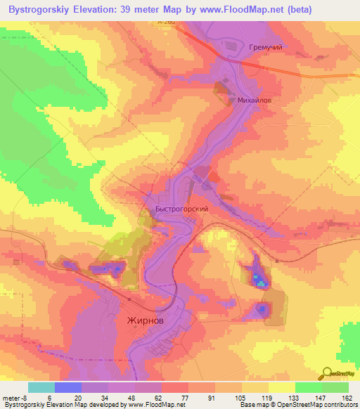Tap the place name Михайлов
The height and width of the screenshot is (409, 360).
pyautogui.click(x=254, y=100)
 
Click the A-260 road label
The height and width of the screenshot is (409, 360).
pyautogui.click(x=166, y=22)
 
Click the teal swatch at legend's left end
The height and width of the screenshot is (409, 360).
pyautogui.click(x=41, y=387)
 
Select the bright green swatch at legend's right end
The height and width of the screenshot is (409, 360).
pyautogui.click(x=335, y=387)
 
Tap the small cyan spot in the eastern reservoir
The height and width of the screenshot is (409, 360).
pyautogui.click(x=261, y=284)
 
